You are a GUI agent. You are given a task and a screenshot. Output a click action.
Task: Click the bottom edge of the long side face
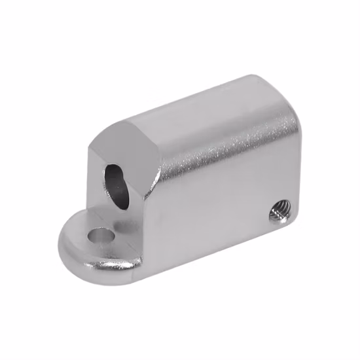(216, 249)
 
